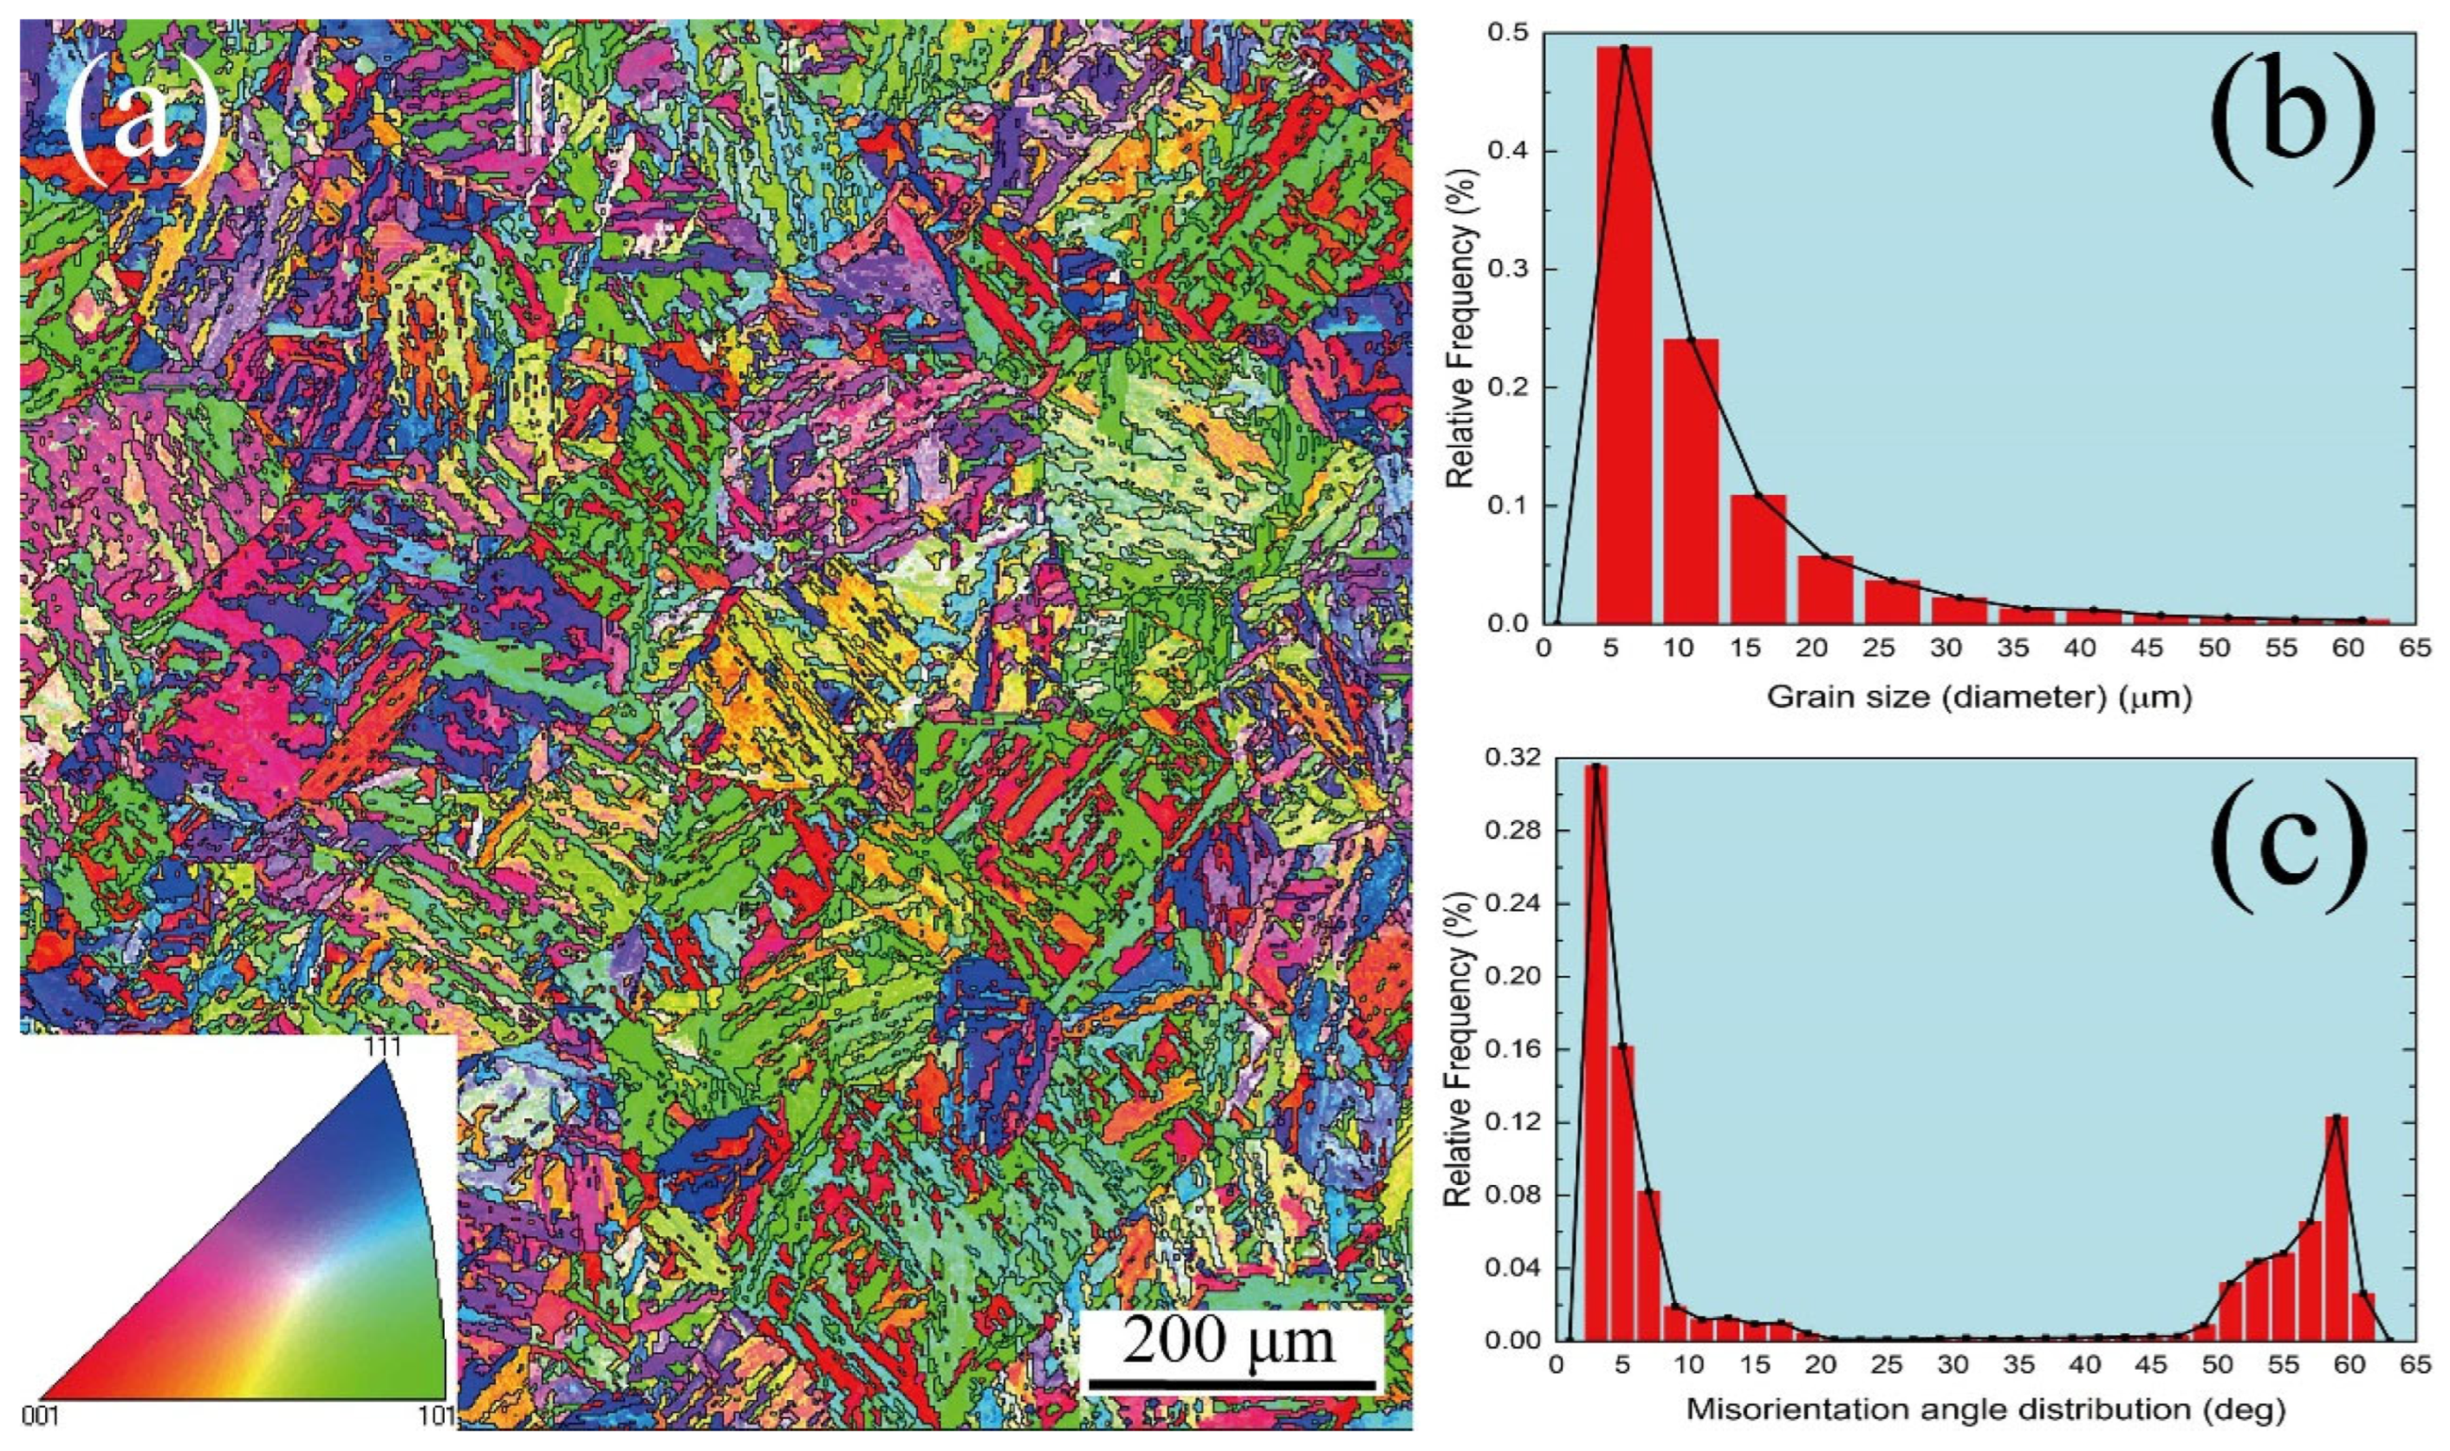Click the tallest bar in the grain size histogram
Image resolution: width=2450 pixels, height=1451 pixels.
pyautogui.click(x=1624, y=333)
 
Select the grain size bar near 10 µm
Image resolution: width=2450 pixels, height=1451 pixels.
pyautogui.click(x=1690, y=479)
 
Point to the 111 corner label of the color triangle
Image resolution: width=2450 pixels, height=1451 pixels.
pyautogui.click(x=380, y=1045)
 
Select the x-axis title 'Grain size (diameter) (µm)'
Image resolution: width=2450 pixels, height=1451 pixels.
pyautogui.click(x=1979, y=696)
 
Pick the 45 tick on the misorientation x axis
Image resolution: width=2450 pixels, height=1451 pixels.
pyautogui.click(x=2151, y=1364)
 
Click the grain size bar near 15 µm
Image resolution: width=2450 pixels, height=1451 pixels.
pyautogui.click(x=1758, y=557)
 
